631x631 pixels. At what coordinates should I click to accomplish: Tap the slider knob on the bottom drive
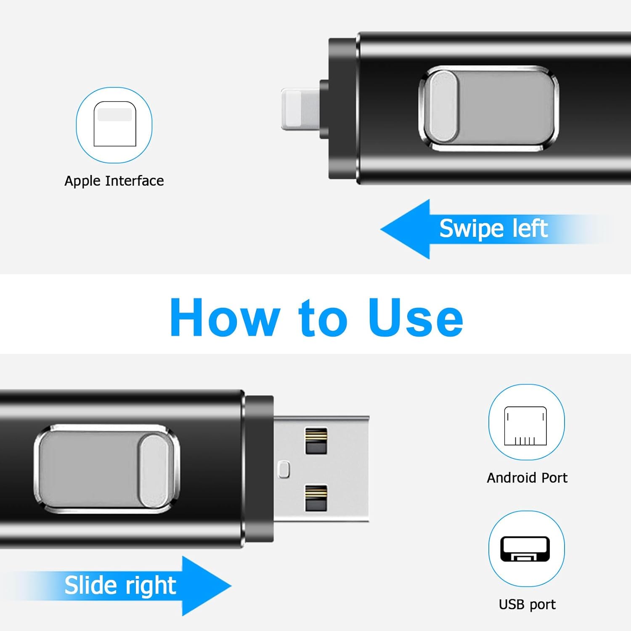(x=154, y=471)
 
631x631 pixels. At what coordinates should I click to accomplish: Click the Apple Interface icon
(x=114, y=125)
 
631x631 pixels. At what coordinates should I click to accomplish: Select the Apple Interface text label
(x=114, y=181)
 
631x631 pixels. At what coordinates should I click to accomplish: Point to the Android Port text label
(x=527, y=478)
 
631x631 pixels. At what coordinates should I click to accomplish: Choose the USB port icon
(x=526, y=549)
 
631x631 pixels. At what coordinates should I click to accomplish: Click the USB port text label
(x=527, y=604)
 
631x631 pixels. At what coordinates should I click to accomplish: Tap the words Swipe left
(x=493, y=229)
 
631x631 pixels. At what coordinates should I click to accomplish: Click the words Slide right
(x=120, y=586)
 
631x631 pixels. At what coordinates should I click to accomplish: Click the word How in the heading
(x=225, y=318)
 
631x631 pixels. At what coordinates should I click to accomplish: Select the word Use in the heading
(x=415, y=318)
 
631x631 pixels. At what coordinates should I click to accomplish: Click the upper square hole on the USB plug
(x=316, y=441)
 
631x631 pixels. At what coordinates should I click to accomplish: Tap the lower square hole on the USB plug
(x=316, y=498)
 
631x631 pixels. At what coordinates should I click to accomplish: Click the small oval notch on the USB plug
(x=284, y=469)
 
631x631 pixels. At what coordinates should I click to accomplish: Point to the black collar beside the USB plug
(x=260, y=469)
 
